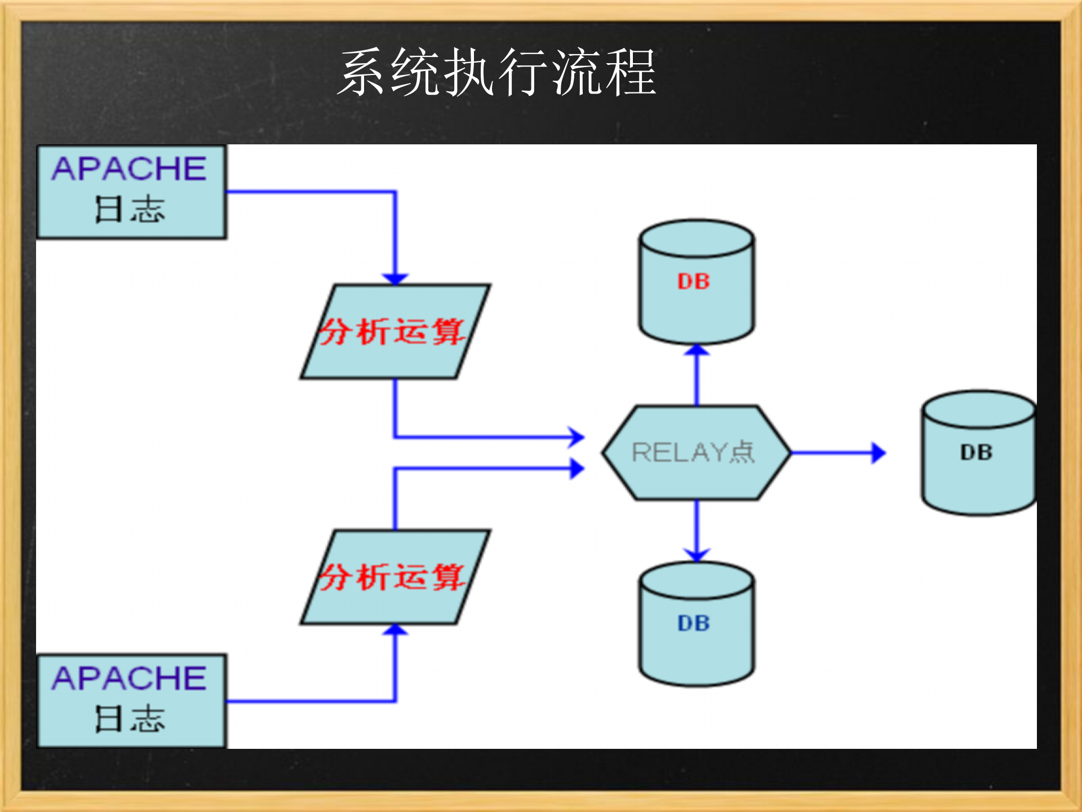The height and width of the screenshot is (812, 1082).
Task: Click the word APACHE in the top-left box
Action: tap(130, 169)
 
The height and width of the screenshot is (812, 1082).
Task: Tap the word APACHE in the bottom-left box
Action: tap(130, 678)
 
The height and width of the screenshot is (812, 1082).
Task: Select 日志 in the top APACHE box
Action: tap(130, 210)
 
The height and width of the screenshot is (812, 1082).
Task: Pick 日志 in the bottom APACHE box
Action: tap(130, 719)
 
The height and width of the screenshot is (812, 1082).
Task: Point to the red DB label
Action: tap(694, 281)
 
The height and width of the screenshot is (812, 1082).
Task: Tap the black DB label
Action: tap(977, 452)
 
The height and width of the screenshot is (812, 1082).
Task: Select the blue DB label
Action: tap(694, 623)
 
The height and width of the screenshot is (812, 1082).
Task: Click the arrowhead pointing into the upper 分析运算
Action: tap(395, 279)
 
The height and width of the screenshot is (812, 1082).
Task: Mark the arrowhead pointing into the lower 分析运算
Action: tap(395, 630)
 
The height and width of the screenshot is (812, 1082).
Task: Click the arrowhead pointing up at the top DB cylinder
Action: tap(697, 350)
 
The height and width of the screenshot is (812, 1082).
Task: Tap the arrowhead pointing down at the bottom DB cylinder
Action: tap(697, 555)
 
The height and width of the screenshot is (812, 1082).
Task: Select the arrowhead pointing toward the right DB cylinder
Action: tap(878, 453)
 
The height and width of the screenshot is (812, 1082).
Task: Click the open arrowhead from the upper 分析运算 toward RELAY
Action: tap(577, 436)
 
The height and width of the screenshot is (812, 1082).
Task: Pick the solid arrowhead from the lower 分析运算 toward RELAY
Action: tap(577, 468)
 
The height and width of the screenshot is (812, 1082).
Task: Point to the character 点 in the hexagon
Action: tap(742, 452)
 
